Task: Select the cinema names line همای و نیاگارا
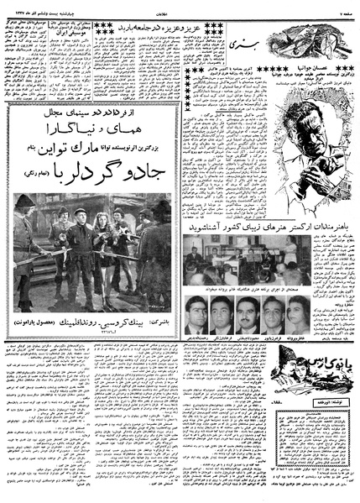pos(96,133)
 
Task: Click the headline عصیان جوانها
pos(315,66)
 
